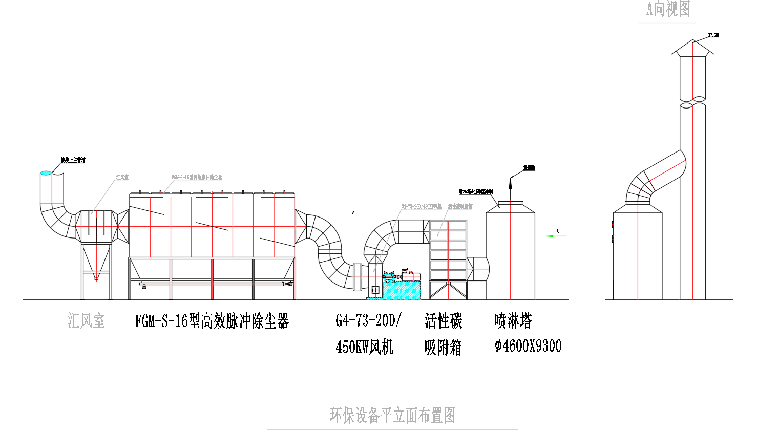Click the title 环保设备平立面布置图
(x=392, y=415)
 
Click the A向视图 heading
(x=668, y=9)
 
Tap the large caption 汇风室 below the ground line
(x=86, y=321)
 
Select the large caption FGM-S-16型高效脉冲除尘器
(x=212, y=321)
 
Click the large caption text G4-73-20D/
(x=368, y=320)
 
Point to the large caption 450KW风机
(x=364, y=347)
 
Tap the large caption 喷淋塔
(x=513, y=321)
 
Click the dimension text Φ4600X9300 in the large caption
(x=528, y=347)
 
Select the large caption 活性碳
(x=443, y=321)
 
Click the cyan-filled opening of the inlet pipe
(x=46, y=173)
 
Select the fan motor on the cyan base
(x=410, y=276)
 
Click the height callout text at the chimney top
(x=713, y=35)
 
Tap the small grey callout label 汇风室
(x=122, y=177)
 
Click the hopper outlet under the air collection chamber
(x=96, y=278)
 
